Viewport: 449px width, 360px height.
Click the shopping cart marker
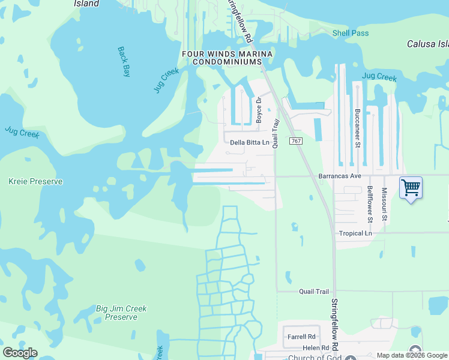point(411,188)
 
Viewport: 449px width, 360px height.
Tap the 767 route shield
point(295,140)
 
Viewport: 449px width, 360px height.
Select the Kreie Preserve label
point(35,181)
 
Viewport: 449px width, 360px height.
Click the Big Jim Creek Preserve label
point(121,313)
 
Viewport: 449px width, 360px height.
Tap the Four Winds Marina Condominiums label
point(228,58)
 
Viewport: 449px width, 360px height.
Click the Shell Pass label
point(351,33)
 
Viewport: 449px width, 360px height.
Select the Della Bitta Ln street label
point(250,143)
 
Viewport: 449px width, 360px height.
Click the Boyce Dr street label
point(259,110)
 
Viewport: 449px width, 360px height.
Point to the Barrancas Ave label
point(339,176)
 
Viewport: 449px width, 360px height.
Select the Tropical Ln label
point(355,233)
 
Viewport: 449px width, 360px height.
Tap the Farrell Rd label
point(301,337)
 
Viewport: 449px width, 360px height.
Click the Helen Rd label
point(316,348)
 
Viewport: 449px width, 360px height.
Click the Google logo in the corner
point(20,353)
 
